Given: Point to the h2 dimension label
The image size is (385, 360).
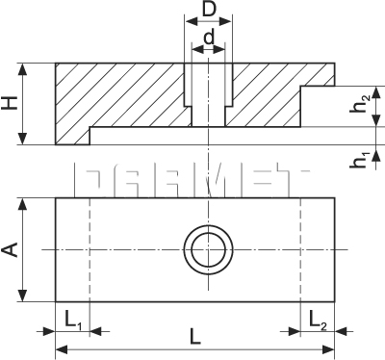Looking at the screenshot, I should coord(358,106).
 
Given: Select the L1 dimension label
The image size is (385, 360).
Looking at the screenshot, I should coord(72,318).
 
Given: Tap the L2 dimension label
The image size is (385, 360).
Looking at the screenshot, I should coord(318,318).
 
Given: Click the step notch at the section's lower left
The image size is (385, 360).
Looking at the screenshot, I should coord(72,136).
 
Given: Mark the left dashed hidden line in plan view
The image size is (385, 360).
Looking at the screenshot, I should coord(89,250).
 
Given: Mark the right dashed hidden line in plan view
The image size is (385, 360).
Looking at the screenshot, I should coord(304,250).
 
